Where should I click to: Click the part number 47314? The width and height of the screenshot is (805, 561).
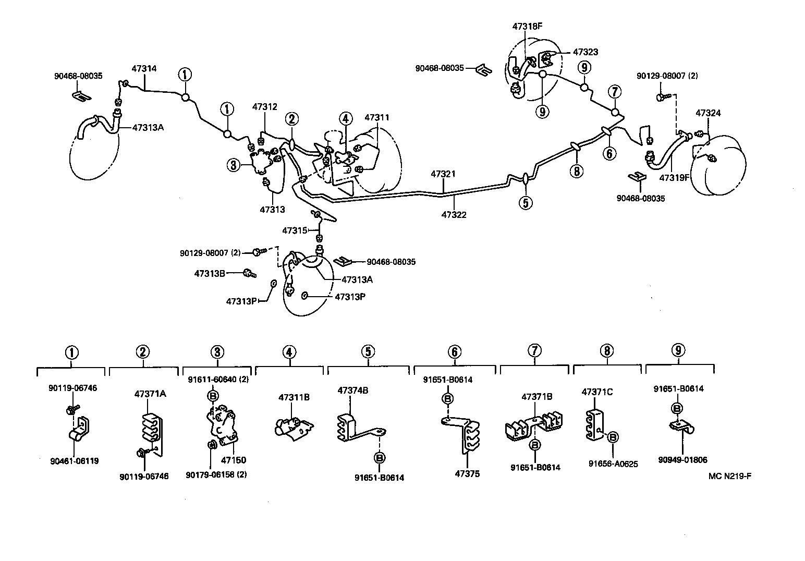pyautogui.click(x=144, y=68)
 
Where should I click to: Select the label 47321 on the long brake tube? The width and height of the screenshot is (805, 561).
pyautogui.click(x=443, y=174)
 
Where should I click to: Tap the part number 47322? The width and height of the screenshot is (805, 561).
pyautogui.click(x=454, y=214)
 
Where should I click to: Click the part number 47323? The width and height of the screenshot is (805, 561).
pyautogui.click(x=585, y=52)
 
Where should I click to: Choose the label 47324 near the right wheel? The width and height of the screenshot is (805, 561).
pyautogui.click(x=709, y=113)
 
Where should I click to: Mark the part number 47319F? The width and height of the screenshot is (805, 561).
pyautogui.click(x=675, y=177)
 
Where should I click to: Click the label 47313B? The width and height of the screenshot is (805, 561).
pyautogui.click(x=210, y=273)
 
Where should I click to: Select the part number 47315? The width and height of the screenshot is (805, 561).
pyautogui.click(x=295, y=230)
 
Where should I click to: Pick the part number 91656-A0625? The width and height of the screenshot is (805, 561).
pyautogui.click(x=613, y=463)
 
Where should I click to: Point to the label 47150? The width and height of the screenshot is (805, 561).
pyautogui.click(x=233, y=460)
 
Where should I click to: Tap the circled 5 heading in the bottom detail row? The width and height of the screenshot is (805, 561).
pyautogui.click(x=368, y=351)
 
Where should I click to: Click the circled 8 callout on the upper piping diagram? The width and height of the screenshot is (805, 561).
pyautogui.click(x=576, y=170)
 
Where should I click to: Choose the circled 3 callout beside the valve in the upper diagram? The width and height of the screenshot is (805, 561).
pyautogui.click(x=233, y=166)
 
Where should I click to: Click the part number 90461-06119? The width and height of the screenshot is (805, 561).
pyautogui.click(x=75, y=461)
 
